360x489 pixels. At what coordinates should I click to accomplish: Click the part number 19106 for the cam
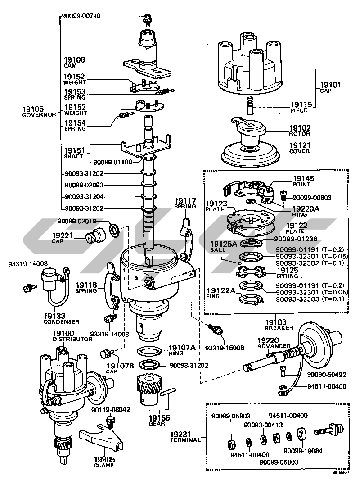click(x=74, y=59)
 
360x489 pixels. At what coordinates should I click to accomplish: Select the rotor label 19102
click(x=300, y=128)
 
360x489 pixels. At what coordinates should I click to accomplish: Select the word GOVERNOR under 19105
click(x=39, y=115)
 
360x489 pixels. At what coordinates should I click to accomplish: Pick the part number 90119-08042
click(x=110, y=410)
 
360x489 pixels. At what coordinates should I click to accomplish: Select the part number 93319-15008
click(x=225, y=348)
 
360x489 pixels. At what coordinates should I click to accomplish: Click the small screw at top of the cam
click(x=146, y=18)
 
